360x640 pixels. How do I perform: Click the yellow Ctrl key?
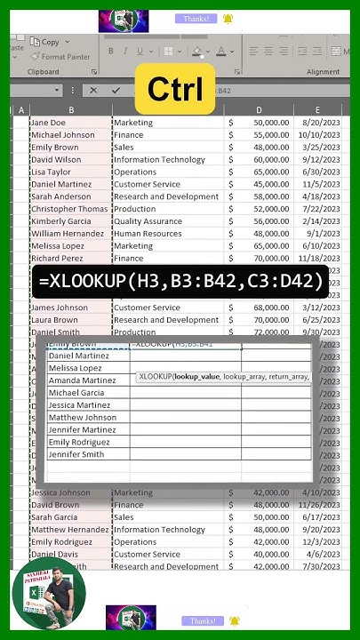(x=175, y=88)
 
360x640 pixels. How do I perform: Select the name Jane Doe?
(x=48, y=123)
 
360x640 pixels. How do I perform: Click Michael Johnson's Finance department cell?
(x=129, y=135)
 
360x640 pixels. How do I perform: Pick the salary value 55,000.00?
(x=265, y=135)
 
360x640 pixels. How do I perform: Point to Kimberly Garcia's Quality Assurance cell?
(x=146, y=221)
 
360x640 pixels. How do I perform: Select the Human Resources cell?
(x=148, y=234)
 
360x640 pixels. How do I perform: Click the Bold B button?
(x=111, y=51)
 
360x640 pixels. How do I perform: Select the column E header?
(x=316, y=110)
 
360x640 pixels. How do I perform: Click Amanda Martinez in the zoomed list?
(x=82, y=380)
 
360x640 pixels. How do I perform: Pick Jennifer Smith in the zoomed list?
(x=76, y=455)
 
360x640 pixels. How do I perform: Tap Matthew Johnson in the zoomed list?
(x=82, y=418)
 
